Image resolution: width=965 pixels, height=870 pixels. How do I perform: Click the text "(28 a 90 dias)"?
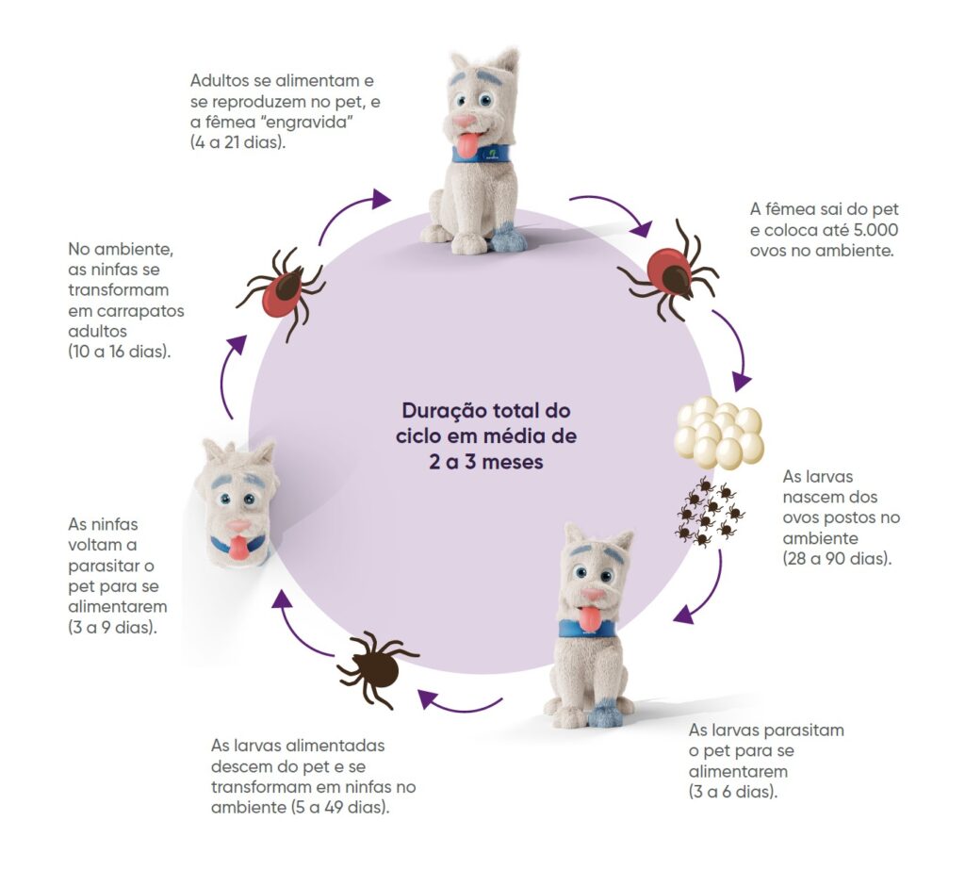coord(836,559)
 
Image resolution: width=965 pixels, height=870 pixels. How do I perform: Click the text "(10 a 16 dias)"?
coord(121,352)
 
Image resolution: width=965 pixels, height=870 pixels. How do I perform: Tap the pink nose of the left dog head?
coord(237,526)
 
